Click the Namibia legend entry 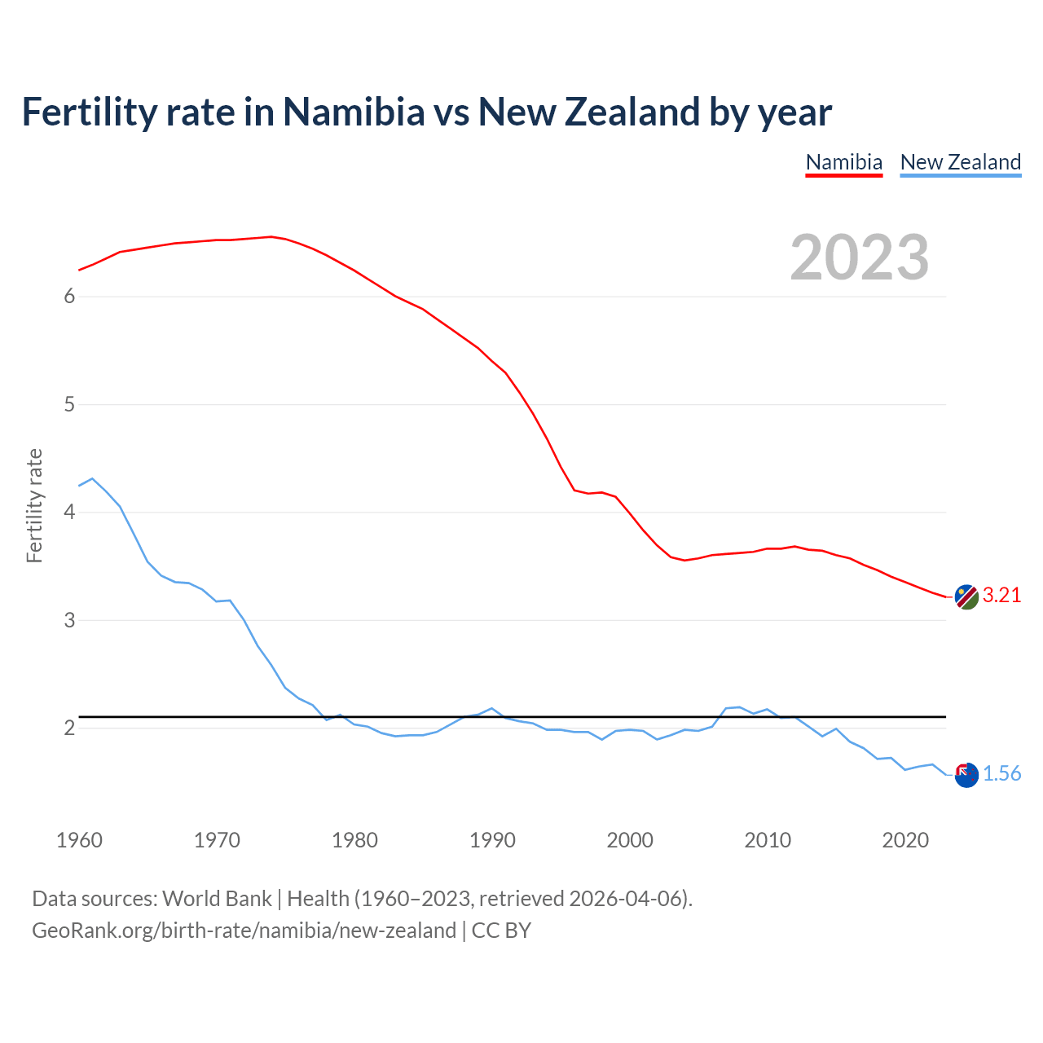coord(843,162)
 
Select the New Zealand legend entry coord(960,162)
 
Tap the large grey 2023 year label coord(860,257)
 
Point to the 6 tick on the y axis coord(69,297)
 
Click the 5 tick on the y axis coord(69,404)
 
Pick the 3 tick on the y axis coord(69,620)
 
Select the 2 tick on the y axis coord(69,728)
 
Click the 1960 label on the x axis coord(79,840)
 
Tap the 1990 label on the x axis coord(492,840)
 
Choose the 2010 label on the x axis coord(768,840)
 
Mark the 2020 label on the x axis coord(905,840)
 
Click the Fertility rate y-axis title coord(34,505)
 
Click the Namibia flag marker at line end coord(966,596)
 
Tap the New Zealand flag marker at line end coord(966,775)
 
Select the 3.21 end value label coord(1001,596)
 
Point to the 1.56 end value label coord(1001,774)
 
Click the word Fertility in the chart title coord(89,112)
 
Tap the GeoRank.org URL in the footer coord(244,931)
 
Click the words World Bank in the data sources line coord(217,899)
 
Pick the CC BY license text coord(501,931)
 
